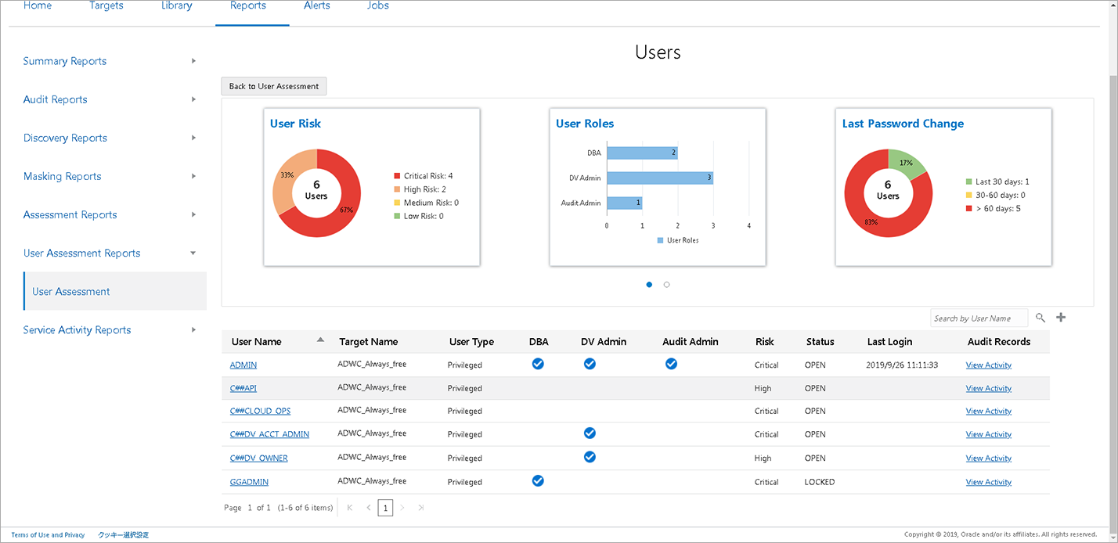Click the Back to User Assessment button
coord(274,86)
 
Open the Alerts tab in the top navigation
coord(317,6)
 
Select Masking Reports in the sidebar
coord(63,177)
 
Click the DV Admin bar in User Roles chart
coord(659,178)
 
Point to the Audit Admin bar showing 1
coord(624,203)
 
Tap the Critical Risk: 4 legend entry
coord(427,176)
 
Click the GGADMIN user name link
coord(249,482)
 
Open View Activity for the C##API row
coord(988,388)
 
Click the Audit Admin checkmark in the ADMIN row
coord(671,364)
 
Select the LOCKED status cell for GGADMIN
coord(820,482)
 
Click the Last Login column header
coord(889,342)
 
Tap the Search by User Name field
coord(979,318)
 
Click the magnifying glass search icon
coord(1040,318)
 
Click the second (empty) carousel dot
coord(666,285)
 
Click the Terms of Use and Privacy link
coord(48,535)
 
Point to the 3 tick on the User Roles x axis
coord(713,226)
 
